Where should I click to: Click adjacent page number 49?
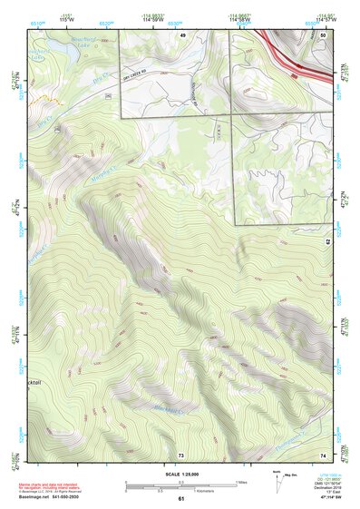pyautogui.click(x=183, y=34)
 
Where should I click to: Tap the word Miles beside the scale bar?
pyautogui.click(x=241, y=482)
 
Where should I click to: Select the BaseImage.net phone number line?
pyautogui.click(x=50, y=498)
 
